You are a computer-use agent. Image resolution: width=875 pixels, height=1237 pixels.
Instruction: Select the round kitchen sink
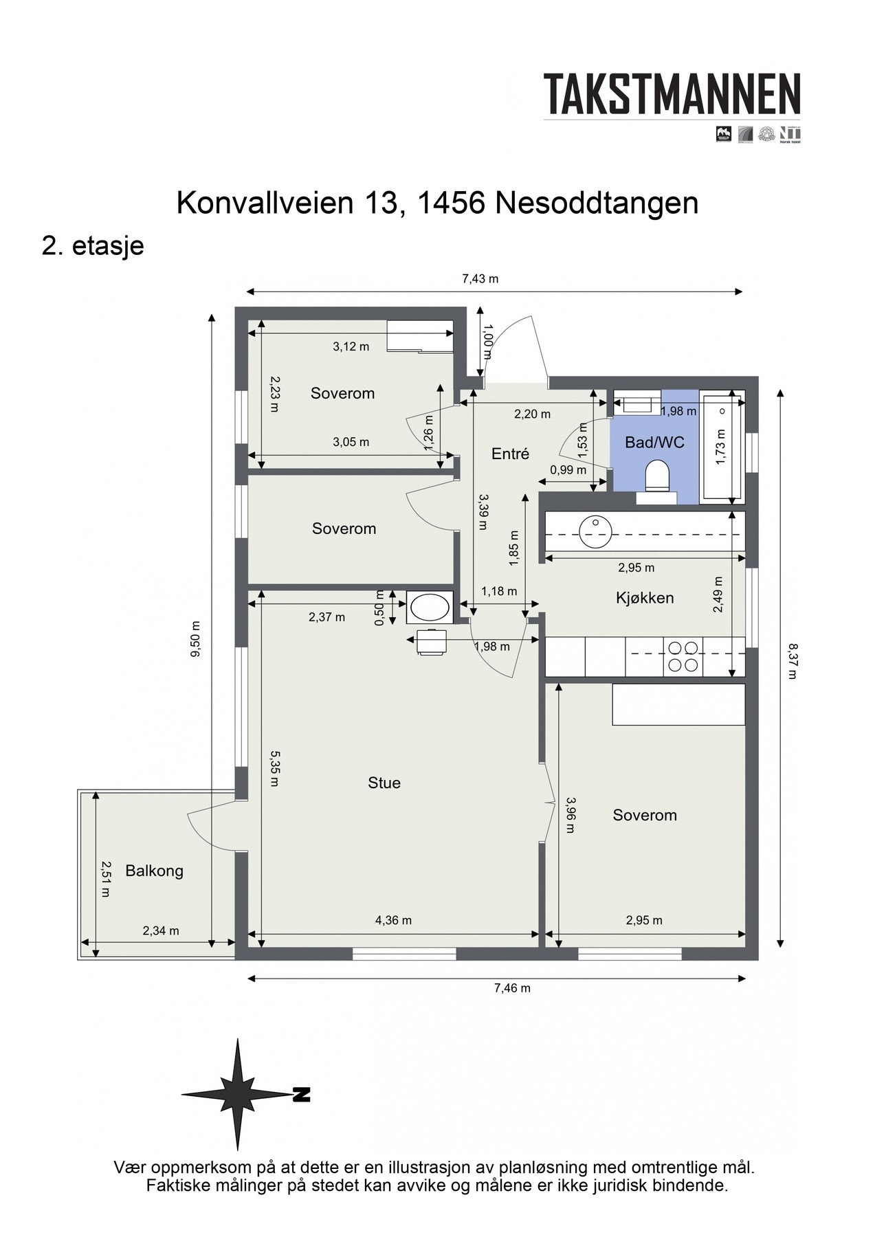[x=594, y=531]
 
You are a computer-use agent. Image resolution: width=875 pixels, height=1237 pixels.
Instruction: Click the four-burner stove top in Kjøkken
[x=683, y=656]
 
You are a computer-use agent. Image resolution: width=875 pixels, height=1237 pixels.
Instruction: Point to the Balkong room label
[x=154, y=871]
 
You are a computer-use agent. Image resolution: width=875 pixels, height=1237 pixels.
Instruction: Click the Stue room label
[x=384, y=783]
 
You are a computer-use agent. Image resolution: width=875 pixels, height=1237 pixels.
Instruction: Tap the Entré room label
[x=510, y=454]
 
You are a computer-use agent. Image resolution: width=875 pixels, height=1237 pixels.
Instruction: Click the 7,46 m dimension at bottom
[x=512, y=988]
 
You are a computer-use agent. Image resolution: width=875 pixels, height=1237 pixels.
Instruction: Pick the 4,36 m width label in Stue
[x=393, y=920]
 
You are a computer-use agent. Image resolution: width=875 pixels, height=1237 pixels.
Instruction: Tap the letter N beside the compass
[x=300, y=1095]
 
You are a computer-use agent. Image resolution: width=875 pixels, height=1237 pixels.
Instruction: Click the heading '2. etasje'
[x=93, y=245]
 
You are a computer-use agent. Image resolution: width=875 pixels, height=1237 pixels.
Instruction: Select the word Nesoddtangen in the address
[x=595, y=203]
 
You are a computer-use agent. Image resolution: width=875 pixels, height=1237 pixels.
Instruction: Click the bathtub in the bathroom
[x=722, y=447]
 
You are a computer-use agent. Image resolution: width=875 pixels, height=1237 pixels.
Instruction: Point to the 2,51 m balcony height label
[x=105, y=879]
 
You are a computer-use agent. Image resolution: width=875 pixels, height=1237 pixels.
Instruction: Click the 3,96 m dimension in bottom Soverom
[x=570, y=815]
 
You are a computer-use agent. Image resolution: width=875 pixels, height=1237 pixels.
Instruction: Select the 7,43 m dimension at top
[x=480, y=278]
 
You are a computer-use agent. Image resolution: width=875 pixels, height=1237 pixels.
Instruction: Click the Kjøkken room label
[x=644, y=598]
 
